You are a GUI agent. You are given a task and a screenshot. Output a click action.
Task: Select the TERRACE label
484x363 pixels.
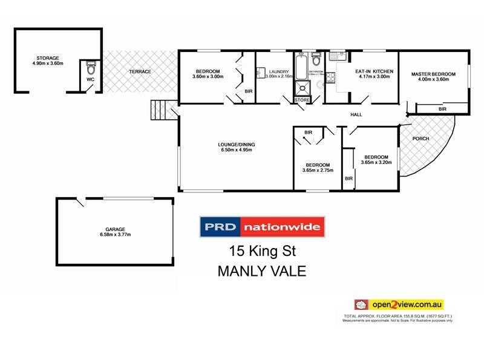pyautogui.click(x=140, y=72)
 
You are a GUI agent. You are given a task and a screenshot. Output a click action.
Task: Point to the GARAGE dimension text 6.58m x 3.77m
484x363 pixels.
pyautogui.click(x=116, y=235)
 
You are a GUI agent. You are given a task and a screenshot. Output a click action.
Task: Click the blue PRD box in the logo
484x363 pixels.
pyautogui.click(x=220, y=227)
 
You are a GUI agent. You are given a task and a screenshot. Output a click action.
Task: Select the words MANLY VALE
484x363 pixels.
pyautogui.click(x=262, y=271)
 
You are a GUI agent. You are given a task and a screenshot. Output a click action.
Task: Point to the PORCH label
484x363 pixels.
pyautogui.click(x=420, y=139)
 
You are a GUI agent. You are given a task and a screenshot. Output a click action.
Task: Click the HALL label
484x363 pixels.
pyautogui.click(x=356, y=115)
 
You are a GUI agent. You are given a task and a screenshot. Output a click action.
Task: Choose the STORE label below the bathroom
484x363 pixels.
pyautogui.click(x=302, y=100)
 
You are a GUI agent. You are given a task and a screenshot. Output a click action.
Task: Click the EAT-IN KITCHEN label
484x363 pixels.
pyautogui.click(x=374, y=71)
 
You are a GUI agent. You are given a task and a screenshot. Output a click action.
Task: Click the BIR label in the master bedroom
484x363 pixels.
pyautogui.click(x=442, y=109)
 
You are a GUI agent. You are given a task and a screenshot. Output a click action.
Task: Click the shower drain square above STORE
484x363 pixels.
pyautogui.click(x=302, y=89)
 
